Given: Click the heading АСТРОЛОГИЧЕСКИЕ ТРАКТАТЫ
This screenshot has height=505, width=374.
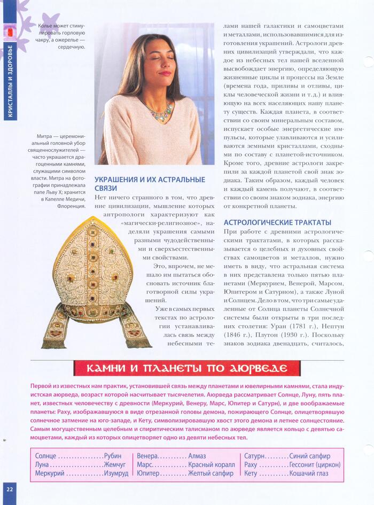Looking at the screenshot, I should pos(277,222).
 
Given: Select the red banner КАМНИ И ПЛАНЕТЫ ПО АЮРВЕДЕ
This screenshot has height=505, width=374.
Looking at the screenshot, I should pos(186,368).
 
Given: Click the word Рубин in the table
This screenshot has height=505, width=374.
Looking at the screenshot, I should pos(113,456).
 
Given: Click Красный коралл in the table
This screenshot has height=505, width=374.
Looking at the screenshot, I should pos(212,464).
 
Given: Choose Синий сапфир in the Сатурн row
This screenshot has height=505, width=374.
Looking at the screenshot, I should pos(309,456).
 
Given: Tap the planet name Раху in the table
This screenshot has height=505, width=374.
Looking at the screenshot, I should pos(251,464).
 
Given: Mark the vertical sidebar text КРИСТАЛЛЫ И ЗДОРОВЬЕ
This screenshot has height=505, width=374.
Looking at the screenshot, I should pos(10,80).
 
